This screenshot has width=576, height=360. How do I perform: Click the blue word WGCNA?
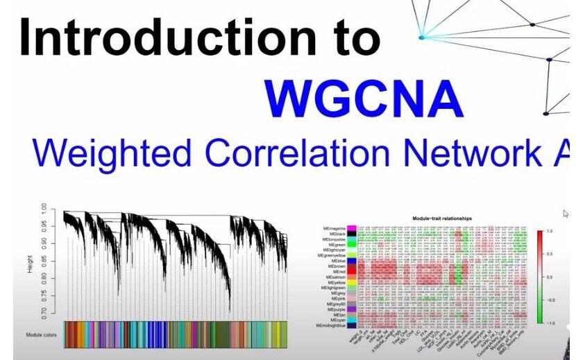click(364, 100)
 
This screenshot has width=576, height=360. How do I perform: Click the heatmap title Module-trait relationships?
click(442, 218)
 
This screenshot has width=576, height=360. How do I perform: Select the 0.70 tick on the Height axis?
click(43, 314)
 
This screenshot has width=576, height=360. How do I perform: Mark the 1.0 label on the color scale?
click(550, 231)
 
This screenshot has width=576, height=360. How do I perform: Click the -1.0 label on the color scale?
click(549, 323)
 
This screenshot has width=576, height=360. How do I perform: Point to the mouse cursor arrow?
click(566, 214)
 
